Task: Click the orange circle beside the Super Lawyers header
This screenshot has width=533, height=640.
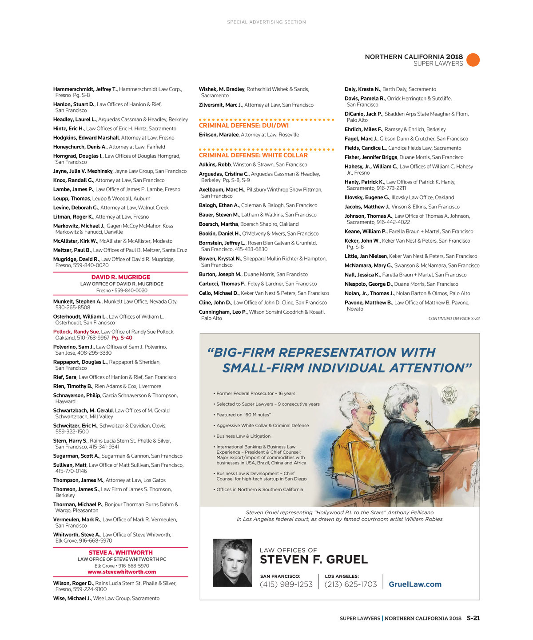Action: pyautogui.click(x=473, y=60)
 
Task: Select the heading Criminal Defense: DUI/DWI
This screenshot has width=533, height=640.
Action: pyautogui.click(x=243, y=125)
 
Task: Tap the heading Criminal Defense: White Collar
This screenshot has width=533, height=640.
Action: pyautogui.click(x=253, y=155)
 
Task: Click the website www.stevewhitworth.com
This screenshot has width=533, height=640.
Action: pyautogui.click(x=122, y=572)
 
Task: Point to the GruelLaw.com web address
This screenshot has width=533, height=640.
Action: pyautogui.click(x=415, y=584)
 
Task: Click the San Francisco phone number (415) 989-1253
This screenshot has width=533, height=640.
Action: pyautogui.click(x=286, y=584)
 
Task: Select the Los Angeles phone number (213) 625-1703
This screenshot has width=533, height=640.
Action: pyautogui.click(x=350, y=584)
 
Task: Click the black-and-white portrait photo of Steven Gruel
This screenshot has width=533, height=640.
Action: pyautogui.click(x=232, y=563)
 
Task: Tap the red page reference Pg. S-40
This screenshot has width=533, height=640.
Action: pyautogui.click(x=122, y=338)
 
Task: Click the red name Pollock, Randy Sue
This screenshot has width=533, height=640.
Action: pyautogui.click(x=76, y=332)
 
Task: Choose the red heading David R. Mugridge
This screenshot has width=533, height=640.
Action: pyautogui.click(x=121, y=277)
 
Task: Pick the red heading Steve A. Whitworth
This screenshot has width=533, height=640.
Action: pyautogui.click(x=121, y=552)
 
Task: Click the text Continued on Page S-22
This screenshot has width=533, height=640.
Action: pyautogui.click(x=453, y=319)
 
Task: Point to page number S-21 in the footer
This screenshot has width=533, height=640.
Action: pyautogui.click(x=473, y=618)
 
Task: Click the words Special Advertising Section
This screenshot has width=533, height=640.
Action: pyautogui.click(x=266, y=22)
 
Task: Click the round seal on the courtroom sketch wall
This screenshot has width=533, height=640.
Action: pyautogui.click(x=448, y=395)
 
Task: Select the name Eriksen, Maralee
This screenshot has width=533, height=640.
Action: pyautogui.click(x=219, y=135)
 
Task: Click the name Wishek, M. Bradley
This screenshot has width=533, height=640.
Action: pyautogui.click(x=222, y=89)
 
